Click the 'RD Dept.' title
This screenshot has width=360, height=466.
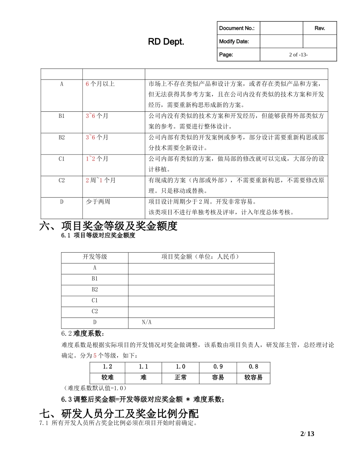pos(166,42)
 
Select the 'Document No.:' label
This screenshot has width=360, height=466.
pos(237,28)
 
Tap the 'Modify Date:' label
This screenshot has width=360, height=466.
pos(234,41)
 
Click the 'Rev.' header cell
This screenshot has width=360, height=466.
pos(320,28)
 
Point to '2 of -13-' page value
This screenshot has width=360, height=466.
pos(298,55)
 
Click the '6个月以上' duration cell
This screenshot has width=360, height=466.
pos(100,84)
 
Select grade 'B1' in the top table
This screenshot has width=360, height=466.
pos(61,116)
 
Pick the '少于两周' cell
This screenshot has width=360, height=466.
pos(98,202)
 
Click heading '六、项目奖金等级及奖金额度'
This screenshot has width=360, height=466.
pos(108,226)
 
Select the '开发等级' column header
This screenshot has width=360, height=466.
pos(95,257)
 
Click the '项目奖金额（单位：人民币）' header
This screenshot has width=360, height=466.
pos(201,257)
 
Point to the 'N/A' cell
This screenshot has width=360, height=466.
pos(147,322)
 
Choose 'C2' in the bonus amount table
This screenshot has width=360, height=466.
pos(95,311)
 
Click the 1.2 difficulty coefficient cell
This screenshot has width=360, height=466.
pos(107,367)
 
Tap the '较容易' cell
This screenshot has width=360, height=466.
pos(253,378)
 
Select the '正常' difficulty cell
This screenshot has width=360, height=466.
pos(180,378)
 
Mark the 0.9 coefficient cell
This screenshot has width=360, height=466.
pos(218,367)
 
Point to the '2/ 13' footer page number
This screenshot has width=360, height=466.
pos(307,434)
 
